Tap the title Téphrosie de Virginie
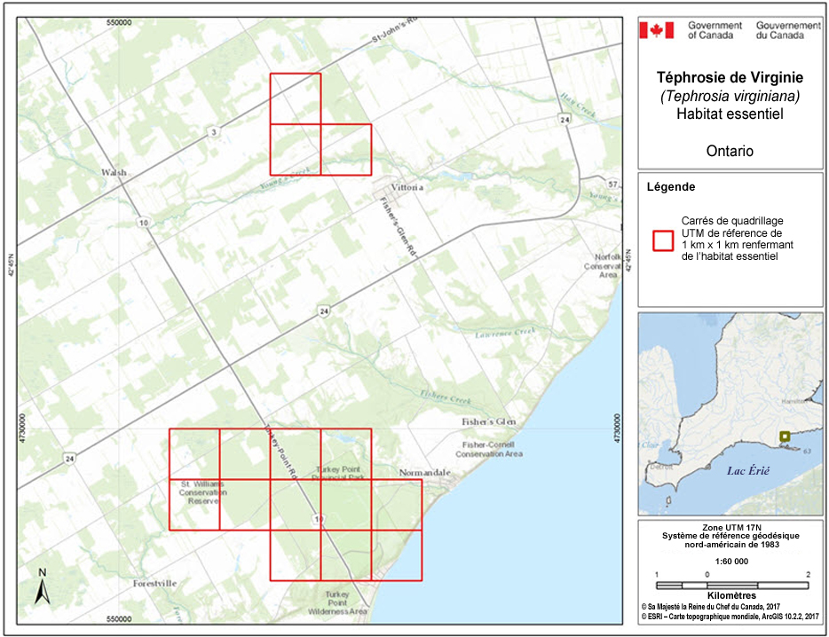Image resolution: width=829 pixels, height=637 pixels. click(x=729, y=78)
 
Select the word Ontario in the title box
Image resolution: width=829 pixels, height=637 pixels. click(x=730, y=151)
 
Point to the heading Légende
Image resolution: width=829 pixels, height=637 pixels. click(x=671, y=188)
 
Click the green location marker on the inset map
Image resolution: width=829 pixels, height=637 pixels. click(x=784, y=436)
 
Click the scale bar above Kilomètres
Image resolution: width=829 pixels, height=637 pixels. click(x=731, y=585)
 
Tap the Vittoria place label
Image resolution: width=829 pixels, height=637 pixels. click(x=407, y=188)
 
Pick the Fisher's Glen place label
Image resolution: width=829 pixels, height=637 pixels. click(x=487, y=421)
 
